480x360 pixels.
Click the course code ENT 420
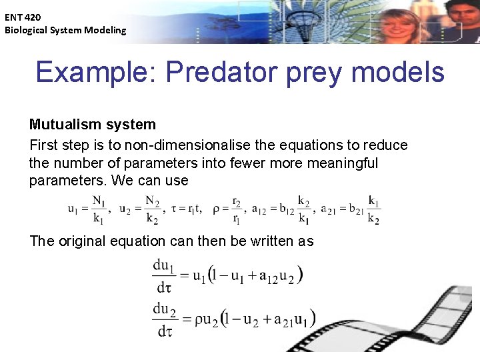pyautogui.click(x=22, y=17)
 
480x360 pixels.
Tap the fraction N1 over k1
pyautogui.click(x=98, y=209)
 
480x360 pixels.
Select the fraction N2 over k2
pyautogui.click(x=153, y=209)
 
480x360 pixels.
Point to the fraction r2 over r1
pyautogui.click(x=237, y=209)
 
